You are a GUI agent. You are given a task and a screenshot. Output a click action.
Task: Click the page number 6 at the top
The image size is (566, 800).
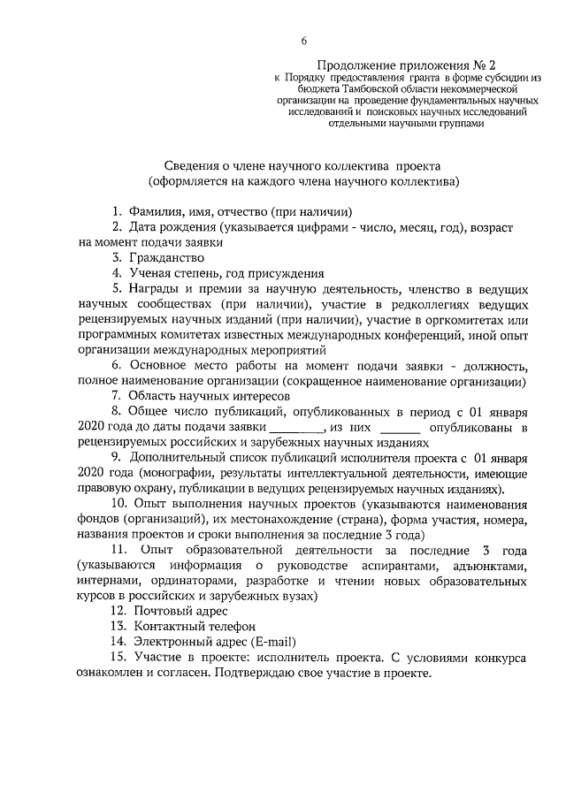304,41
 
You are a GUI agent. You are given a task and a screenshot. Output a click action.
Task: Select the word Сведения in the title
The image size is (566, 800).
191,165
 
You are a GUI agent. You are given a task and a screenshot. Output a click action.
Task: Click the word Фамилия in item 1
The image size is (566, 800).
151,211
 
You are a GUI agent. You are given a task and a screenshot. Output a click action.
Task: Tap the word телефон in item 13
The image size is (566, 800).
214,626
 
